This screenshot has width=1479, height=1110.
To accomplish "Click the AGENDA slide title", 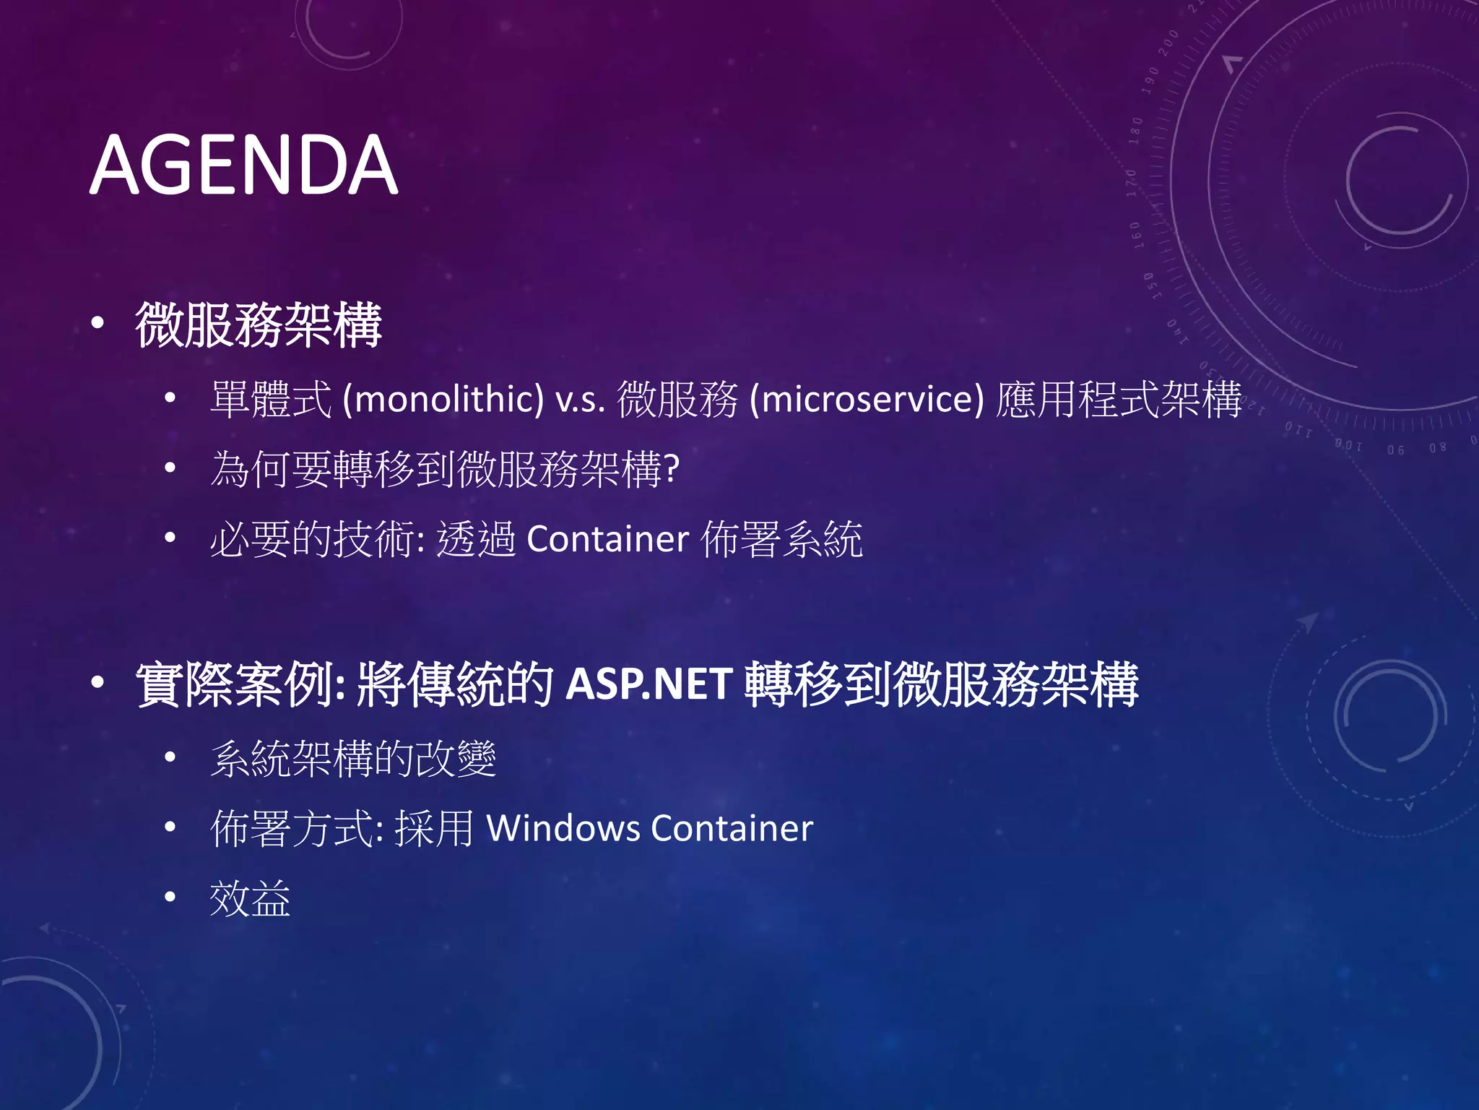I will pos(243,165).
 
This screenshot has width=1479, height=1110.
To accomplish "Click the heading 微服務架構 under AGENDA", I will pos(258,325).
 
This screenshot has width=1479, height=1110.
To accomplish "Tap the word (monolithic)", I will pos(443,399).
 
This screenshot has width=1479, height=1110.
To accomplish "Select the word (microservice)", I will pos(867,399).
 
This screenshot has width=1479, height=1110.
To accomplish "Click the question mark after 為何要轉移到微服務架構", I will pos(672,469).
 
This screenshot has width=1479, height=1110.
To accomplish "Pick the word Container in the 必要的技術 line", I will pos(607,539).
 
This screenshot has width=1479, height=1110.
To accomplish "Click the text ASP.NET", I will pos(649,684).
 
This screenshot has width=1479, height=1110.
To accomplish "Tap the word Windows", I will pos(563,828).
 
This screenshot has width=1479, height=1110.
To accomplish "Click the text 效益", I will pos(250,898).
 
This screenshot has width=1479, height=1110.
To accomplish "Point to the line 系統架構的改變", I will pos(353,759).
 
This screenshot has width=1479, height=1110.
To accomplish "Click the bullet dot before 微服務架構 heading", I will pos(97,323).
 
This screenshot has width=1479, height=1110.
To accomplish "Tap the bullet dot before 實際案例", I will pos(97,681).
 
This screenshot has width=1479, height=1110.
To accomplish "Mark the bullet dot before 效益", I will pos(170,898).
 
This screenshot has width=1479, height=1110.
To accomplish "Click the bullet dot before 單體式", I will pos(170,397).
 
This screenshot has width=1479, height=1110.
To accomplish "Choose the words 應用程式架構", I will pos(1119,399).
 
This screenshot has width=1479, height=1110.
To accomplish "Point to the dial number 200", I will pos(1168,44).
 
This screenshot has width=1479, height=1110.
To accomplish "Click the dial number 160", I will pos(1137,235).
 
